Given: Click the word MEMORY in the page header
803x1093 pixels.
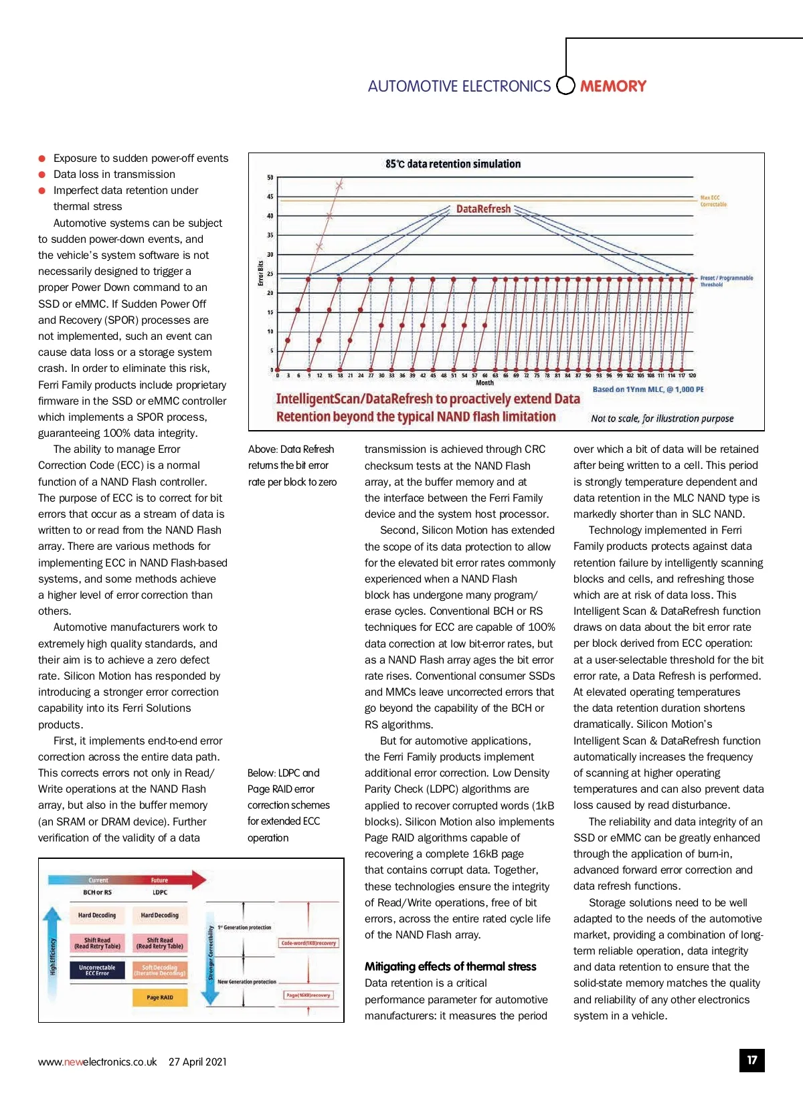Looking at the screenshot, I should [x=613, y=86].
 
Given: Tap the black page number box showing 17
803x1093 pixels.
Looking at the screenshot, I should [x=751, y=1060].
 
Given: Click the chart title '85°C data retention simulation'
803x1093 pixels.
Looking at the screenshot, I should [x=453, y=164].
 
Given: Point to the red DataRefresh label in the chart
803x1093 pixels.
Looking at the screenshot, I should [x=483, y=209].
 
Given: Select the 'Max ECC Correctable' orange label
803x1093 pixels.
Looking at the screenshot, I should [x=713, y=201].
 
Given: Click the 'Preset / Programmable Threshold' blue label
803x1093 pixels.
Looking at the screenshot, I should [x=726, y=281].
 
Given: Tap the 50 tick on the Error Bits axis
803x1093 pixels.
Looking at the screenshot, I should [x=270, y=177].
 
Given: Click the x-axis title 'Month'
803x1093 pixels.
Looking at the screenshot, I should [x=484, y=383].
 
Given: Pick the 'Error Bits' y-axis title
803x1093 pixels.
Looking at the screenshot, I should [x=261, y=273].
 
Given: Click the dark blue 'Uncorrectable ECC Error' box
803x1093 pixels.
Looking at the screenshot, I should [x=97, y=970].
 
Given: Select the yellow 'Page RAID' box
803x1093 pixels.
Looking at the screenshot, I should [x=159, y=997].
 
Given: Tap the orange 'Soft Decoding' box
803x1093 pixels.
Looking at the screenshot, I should [x=159, y=970].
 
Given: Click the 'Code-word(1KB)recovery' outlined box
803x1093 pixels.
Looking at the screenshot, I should [x=308, y=943].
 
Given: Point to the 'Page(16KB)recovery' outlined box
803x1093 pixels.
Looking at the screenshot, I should [x=308, y=995].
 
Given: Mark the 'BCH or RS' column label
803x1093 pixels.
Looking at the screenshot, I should [x=97, y=892].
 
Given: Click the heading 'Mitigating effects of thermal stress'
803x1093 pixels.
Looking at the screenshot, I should [x=450, y=967].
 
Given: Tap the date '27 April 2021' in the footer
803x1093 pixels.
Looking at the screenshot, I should [x=197, y=1062].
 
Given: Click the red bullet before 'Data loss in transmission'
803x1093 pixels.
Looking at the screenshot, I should [x=41, y=175].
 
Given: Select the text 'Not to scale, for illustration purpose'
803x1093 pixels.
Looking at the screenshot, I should [x=662, y=419].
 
